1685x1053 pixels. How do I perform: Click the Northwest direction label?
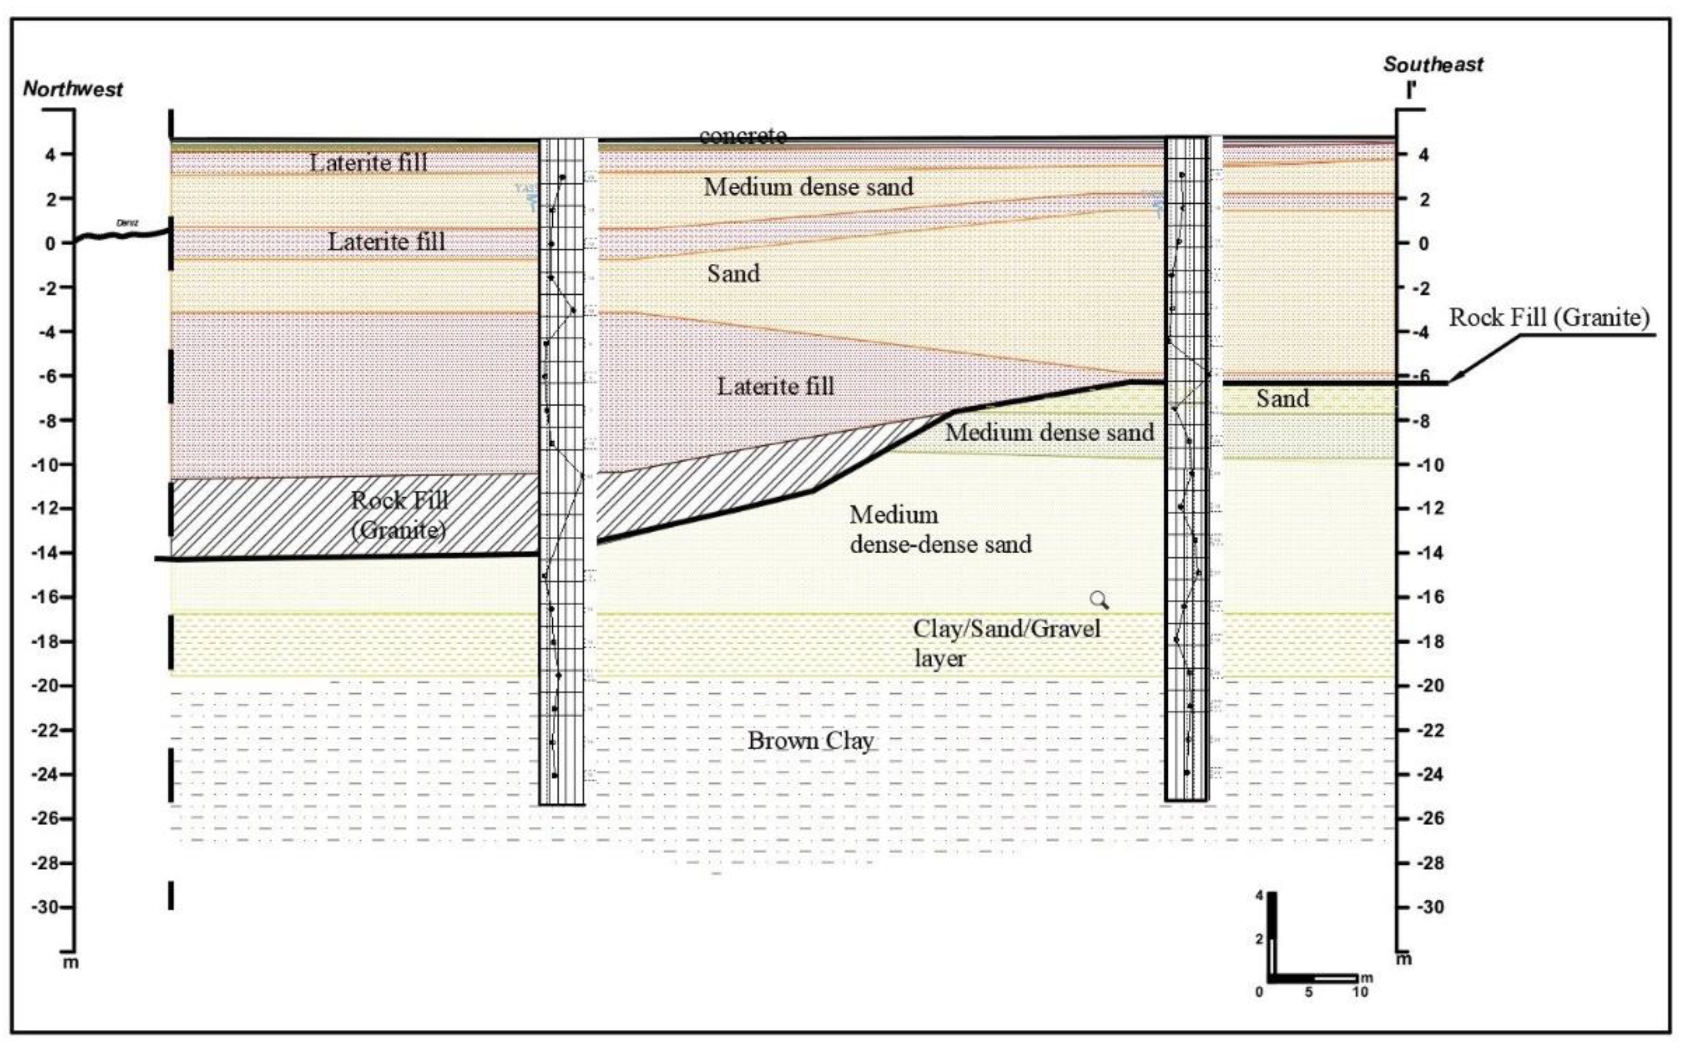[73, 89]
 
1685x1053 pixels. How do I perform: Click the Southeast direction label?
[1433, 65]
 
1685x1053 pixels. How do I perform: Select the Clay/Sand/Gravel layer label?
[1006, 642]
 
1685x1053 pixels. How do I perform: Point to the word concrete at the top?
[743, 135]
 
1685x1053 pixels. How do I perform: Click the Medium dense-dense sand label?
[940, 529]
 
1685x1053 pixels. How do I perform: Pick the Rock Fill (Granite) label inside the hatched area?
[399, 515]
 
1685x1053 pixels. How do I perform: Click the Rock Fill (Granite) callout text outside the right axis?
[1549, 318]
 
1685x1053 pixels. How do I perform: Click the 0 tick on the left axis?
[50, 244]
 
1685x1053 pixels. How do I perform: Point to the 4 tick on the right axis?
[1423, 155]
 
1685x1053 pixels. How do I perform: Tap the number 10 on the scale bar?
[1360, 992]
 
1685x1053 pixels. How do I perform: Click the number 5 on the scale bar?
[1309, 992]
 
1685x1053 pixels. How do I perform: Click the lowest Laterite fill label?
[775, 387]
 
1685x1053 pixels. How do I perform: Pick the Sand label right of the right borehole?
[1282, 398]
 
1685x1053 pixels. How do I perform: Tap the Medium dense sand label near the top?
[808, 187]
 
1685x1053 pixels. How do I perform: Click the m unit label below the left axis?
[71, 963]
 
